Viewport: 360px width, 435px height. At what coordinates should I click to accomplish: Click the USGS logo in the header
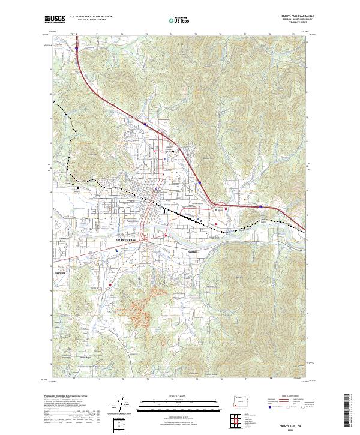click(55, 19)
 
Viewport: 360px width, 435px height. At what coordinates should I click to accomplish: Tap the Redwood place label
click(76, 273)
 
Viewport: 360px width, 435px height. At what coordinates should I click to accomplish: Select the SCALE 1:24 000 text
click(179, 396)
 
